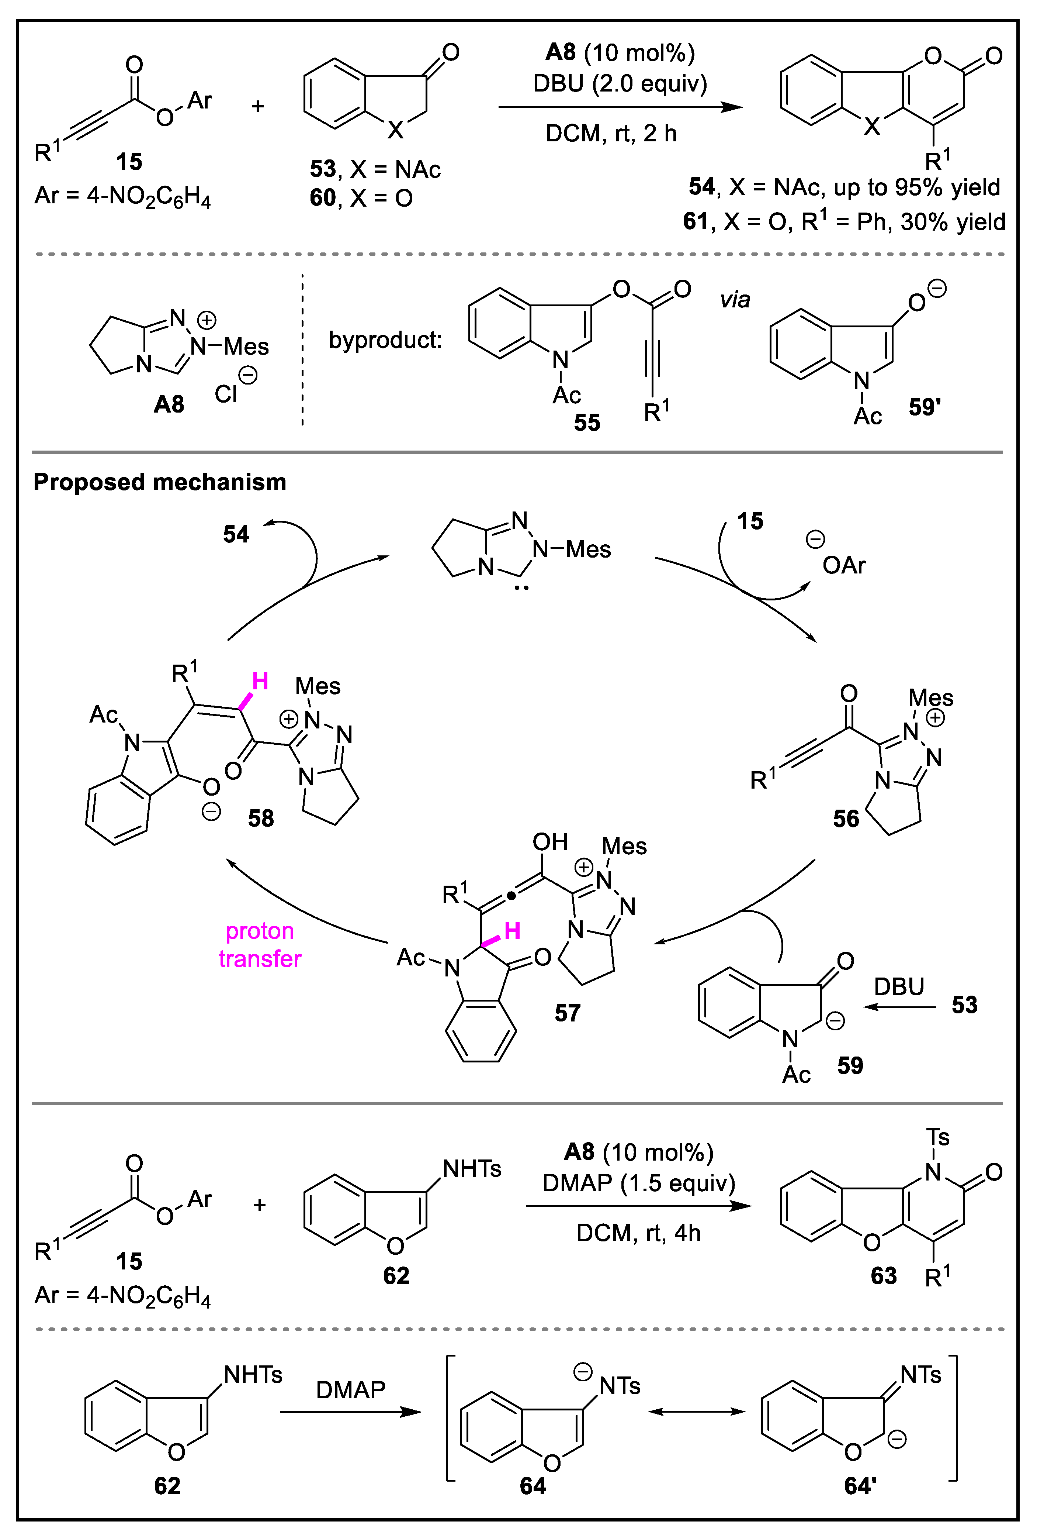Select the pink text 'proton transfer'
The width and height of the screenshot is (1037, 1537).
(x=260, y=944)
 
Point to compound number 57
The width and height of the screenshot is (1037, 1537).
(x=567, y=1013)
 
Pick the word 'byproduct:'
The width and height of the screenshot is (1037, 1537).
(x=385, y=340)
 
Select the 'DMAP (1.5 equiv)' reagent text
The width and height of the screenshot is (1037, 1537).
(x=638, y=1182)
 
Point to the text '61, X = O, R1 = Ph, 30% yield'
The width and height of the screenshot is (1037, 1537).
(x=844, y=221)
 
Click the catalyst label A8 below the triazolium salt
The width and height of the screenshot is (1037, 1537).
(x=169, y=404)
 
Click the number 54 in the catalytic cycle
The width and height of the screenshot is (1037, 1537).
(x=236, y=534)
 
